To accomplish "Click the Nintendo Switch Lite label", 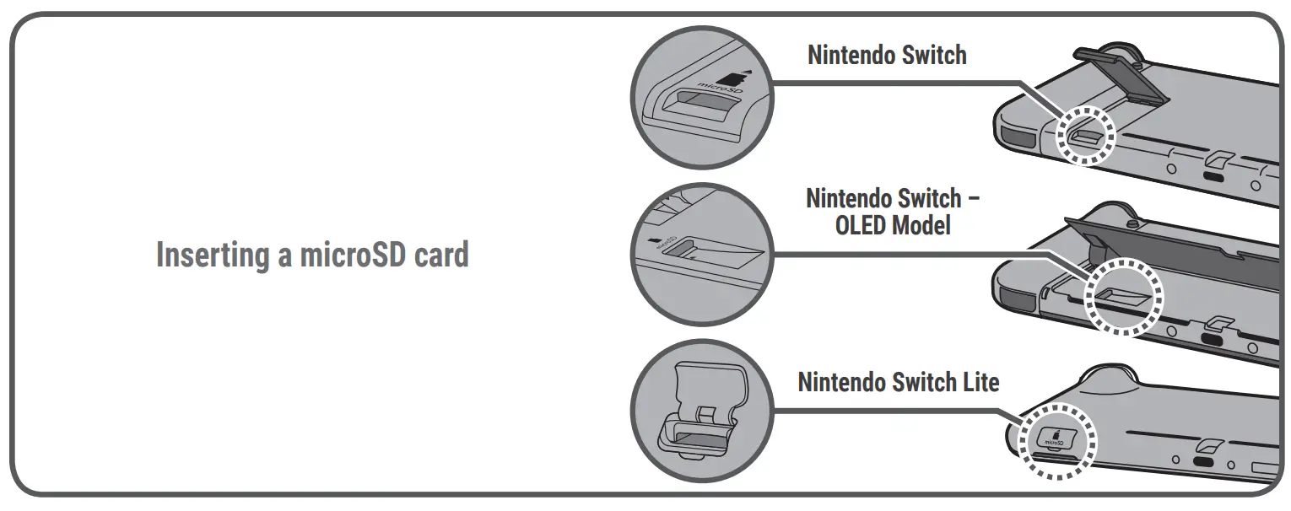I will [898, 382].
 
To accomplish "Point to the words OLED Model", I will [893, 225].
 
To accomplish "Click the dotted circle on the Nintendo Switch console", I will [1087, 134].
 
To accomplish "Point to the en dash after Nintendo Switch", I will [972, 200].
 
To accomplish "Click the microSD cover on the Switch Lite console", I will [1055, 438].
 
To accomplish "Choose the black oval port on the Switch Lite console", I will [1203, 463].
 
